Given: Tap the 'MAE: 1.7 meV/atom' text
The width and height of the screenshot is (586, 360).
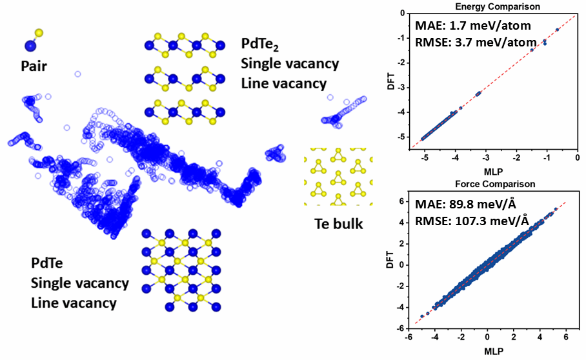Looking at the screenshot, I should point(463,28).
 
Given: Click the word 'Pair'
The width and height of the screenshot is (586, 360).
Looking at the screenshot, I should point(34,66).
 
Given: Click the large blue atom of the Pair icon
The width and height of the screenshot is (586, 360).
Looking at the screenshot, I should point(28,45).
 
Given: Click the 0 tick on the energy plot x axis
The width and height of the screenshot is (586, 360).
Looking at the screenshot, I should point(578,157).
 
